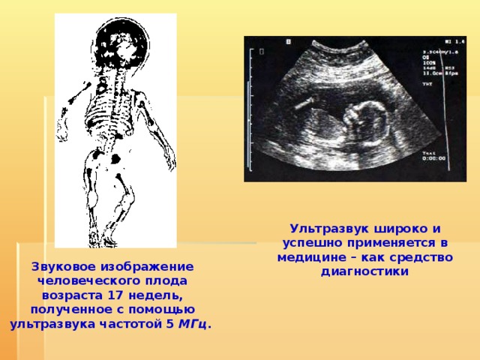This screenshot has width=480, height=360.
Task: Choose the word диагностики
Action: (364, 271)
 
